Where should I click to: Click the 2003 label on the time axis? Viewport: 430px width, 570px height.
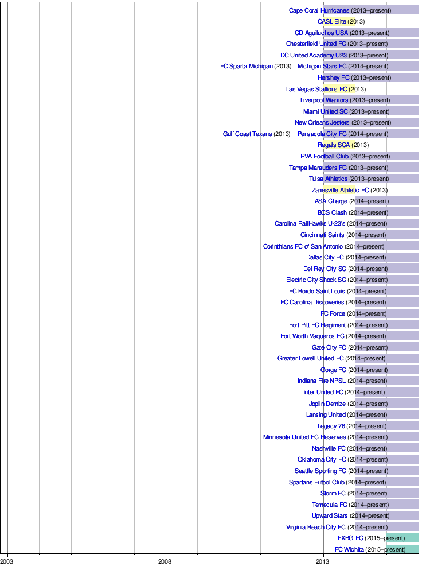click(7, 561)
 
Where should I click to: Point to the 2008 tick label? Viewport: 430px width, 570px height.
click(165, 561)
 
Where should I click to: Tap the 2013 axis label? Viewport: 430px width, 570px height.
click(323, 561)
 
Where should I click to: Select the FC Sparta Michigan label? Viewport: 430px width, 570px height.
click(247, 66)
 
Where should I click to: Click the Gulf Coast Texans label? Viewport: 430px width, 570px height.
click(247, 134)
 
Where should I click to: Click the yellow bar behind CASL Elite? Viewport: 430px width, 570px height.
click(339, 21)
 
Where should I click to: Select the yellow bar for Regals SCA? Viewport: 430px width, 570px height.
click(339, 145)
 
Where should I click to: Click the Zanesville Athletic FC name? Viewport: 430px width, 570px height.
click(340, 190)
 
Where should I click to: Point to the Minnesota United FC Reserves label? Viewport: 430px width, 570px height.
click(304, 437)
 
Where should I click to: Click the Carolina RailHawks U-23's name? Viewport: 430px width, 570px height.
click(310, 223)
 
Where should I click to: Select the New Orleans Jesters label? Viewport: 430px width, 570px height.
click(322, 122)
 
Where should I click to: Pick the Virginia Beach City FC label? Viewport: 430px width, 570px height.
click(316, 527)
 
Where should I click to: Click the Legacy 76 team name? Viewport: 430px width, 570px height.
click(331, 426)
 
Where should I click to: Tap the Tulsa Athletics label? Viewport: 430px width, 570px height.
click(328, 179)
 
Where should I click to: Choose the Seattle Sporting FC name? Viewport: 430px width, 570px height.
click(320, 471)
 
